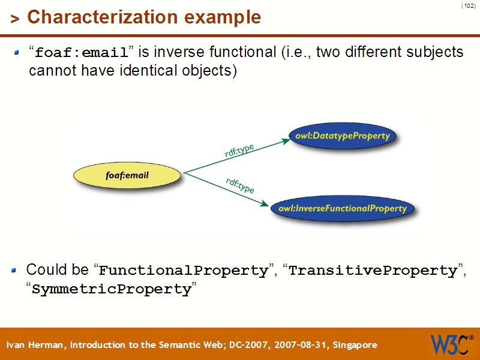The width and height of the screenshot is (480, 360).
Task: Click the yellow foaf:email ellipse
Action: coord(127,175)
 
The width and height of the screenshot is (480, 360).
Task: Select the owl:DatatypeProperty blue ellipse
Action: coord(342,136)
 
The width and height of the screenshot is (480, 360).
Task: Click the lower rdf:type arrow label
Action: coord(240,185)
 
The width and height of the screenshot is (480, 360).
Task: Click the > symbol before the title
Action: coord(15,19)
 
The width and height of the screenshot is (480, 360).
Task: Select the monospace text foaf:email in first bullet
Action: coord(82,53)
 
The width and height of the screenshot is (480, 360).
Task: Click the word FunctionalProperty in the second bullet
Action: coord(183,271)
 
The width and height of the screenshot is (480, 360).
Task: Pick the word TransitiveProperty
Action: coord(373,271)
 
